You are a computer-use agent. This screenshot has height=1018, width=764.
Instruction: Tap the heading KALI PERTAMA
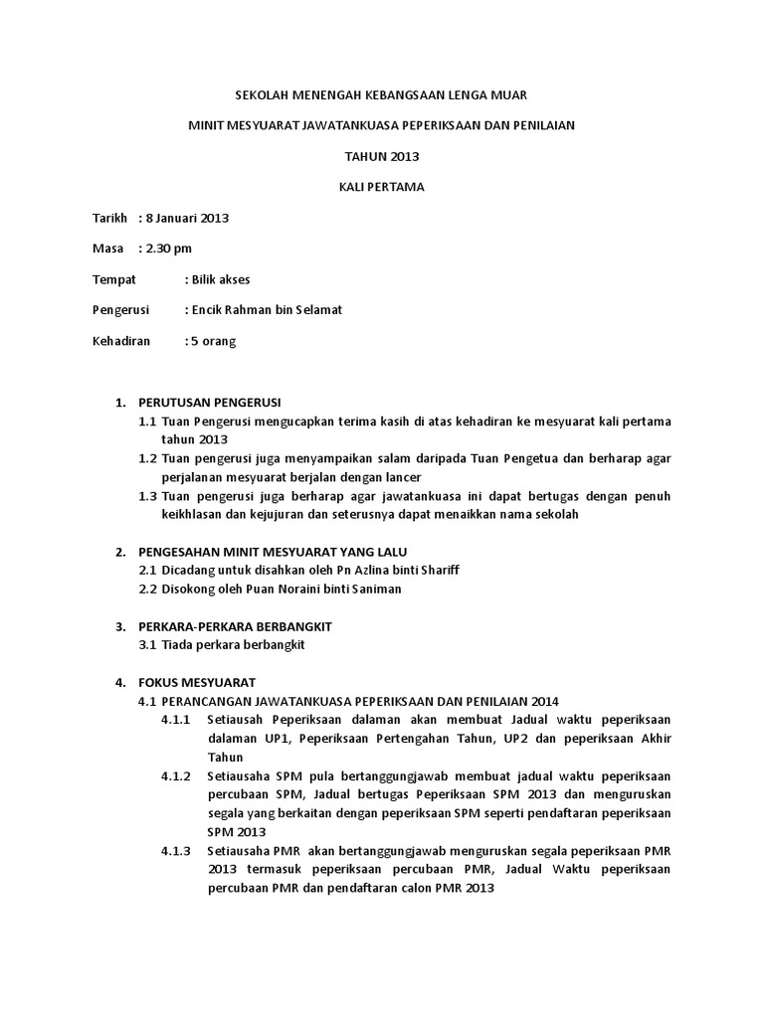click(x=382, y=187)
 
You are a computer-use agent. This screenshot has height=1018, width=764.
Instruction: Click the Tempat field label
click(x=113, y=279)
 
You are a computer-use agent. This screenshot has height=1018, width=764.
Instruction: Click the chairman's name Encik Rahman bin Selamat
click(x=267, y=310)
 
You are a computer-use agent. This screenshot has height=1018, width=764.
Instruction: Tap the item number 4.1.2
click(x=175, y=775)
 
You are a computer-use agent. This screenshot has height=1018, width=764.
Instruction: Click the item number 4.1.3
click(x=175, y=851)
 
